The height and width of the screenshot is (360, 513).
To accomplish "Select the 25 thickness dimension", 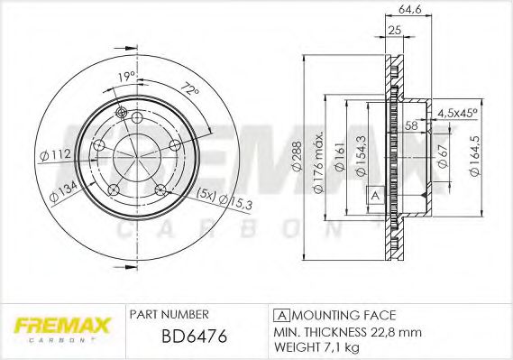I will pyautogui.click(x=393, y=31).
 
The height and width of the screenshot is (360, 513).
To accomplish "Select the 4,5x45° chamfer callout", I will pyautogui.click(x=458, y=114).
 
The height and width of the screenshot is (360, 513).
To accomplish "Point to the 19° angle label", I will pyautogui.click(x=126, y=78).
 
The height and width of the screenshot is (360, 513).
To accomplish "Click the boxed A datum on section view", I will pyautogui.click(x=373, y=196).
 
